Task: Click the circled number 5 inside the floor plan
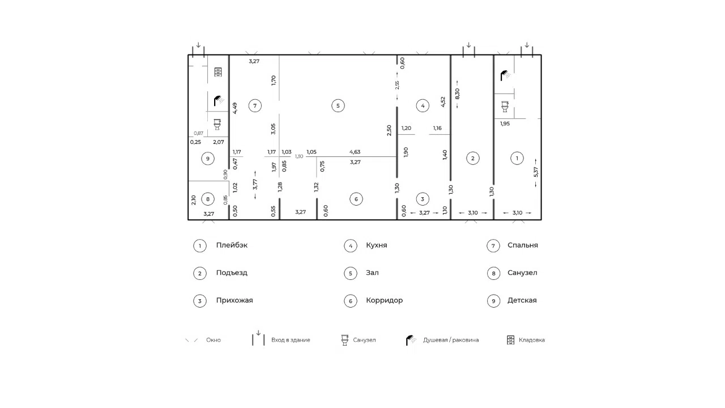[x=338, y=105]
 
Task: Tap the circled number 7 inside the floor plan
[x=255, y=105]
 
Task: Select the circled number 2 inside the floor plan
[x=472, y=158]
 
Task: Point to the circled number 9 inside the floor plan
[x=208, y=159]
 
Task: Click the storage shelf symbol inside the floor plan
[x=218, y=72]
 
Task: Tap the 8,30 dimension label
[x=457, y=94]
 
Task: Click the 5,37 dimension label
[x=536, y=172]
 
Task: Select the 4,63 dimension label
[x=355, y=151]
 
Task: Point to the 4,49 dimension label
[x=235, y=108]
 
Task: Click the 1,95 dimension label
[x=505, y=124]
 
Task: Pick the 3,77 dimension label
[x=255, y=184]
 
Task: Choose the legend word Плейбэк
[x=232, y=245]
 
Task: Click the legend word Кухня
[x=377, y=245]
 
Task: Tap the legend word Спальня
[x=523, y=245]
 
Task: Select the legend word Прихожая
[x=234, y=300]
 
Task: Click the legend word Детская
[x=522, y=300]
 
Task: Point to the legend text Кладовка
[x=532, y=340]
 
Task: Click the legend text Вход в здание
[x=291, y=340]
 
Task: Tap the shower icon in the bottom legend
[x=411, y=340]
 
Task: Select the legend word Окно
[x=214, y=340]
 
